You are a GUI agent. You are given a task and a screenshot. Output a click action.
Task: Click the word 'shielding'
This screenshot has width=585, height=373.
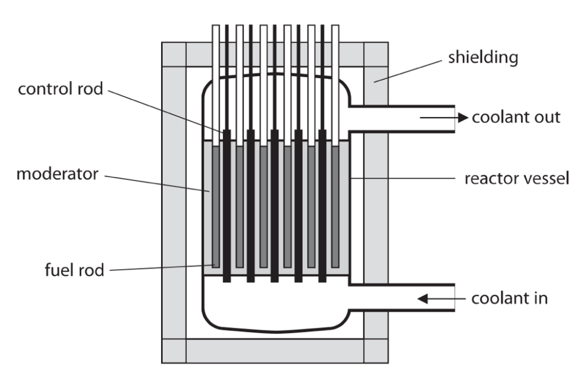(x=483, y=58)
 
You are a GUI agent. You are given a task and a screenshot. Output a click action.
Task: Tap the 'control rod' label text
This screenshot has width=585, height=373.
(x=61, y=89)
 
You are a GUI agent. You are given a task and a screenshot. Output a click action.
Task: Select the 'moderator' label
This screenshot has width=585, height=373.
(x=58, y=174)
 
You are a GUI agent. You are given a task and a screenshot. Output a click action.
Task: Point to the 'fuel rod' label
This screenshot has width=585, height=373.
(x=74, y=270)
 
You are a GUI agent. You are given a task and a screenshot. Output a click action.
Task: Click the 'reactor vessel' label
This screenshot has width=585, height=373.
(x=516, y=178)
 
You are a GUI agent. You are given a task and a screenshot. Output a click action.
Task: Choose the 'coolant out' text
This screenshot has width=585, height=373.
(x=516, y=117)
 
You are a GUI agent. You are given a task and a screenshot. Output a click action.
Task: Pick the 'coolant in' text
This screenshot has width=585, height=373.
(x=509, y=298)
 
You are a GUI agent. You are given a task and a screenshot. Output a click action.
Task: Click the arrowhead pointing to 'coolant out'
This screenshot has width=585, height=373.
(x=463, y=118)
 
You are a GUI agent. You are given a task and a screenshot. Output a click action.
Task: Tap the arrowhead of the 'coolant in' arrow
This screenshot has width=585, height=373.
(x=423, y=299)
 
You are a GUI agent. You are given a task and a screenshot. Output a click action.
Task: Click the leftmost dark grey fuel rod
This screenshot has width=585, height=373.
(x=215, y=207)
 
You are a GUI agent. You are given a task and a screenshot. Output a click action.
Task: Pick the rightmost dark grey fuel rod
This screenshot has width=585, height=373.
(x=335, y=207)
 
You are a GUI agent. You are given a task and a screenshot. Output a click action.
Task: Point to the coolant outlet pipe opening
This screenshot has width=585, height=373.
(x=454, y=119)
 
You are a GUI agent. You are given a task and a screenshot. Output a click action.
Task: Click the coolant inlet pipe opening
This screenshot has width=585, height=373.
(x=454, y=298)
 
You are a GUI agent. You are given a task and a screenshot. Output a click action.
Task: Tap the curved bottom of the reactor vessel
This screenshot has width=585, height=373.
(x=276, y=331)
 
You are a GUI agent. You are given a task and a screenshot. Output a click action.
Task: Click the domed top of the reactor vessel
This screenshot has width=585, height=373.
(x=276, y=74)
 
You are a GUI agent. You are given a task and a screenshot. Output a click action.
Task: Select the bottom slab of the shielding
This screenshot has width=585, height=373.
(x=275, y=351)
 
